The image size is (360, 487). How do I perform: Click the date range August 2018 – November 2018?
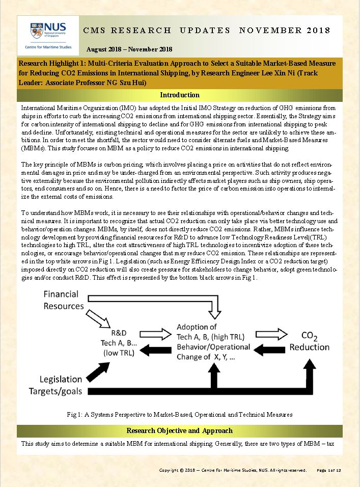click(x=129, y=49)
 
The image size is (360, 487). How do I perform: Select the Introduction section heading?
click(x=180, y=95)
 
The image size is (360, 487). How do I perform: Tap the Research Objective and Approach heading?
click(x=179, y=430)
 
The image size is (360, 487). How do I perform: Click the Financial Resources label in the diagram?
click(x=68, y=300)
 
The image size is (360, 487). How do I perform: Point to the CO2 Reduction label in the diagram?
click(x=309, y=341)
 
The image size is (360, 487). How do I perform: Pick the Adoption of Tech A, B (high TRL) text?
click(x=210, y=332)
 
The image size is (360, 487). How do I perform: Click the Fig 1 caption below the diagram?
click(x=179, y=414)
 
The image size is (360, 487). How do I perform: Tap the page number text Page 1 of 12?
click(x=332, y=470)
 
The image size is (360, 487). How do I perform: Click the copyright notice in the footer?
click(x=233, y=470)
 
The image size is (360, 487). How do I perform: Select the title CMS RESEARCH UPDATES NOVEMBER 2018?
click(x=207, y=30)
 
